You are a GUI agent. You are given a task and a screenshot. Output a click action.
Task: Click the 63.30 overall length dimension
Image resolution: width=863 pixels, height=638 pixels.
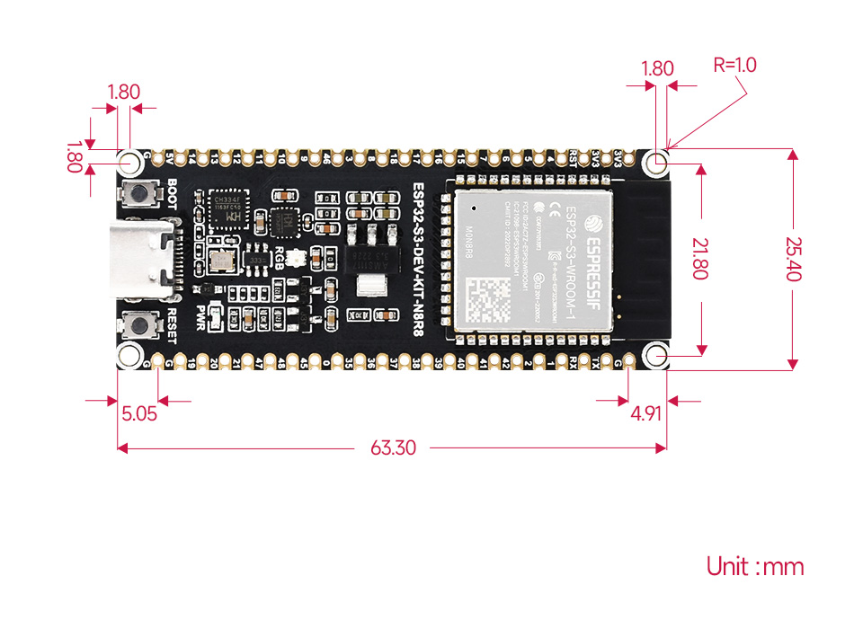pos(393,447)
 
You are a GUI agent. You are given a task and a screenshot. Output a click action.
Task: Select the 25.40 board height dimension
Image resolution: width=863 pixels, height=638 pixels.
pos(792,260)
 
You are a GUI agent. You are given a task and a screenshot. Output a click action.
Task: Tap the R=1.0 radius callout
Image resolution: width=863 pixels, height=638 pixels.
pos(734,65)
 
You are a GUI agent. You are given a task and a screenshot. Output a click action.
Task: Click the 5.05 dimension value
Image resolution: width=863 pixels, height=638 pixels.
pos(139,414)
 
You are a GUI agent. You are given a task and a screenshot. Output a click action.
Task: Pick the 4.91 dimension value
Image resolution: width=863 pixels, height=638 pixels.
pos(646,414)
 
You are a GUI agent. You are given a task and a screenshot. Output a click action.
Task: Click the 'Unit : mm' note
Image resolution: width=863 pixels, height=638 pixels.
pos(754,567)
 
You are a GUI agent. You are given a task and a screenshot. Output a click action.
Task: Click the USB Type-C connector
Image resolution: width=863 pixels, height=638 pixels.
pos(144,260)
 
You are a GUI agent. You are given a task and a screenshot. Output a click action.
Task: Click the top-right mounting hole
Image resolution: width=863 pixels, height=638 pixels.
pos(659,163)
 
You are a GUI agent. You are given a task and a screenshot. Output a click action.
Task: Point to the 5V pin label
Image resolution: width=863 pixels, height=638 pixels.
pos(171,159)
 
